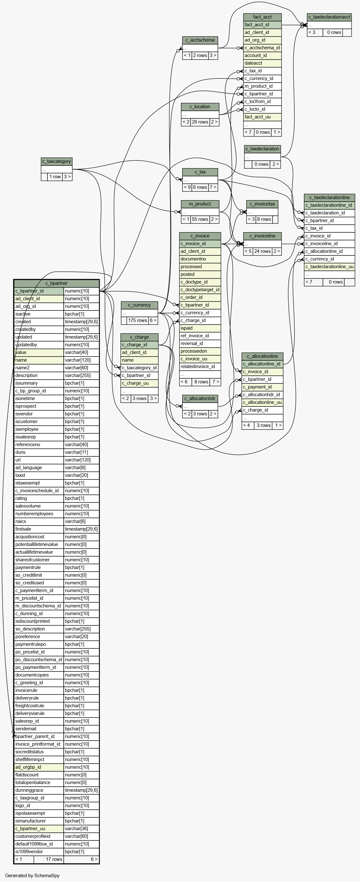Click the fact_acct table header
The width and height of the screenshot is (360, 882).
pos(262,17)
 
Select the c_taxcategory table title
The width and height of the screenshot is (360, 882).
pos(56,161)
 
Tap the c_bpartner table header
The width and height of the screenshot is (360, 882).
pos(56,283)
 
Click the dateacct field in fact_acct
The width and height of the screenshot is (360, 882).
pos(262,63)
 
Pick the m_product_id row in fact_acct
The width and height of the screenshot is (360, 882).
pos(262,86)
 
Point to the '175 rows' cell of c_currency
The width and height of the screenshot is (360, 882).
pos(137,320)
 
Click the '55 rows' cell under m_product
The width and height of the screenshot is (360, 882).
pos(200,219)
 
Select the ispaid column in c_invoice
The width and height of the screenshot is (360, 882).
pos(200,328)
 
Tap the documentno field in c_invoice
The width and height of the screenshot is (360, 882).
pos(200,259)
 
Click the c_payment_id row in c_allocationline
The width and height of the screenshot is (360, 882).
pos(262,387)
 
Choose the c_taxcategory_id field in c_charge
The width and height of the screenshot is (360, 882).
pos(139,368)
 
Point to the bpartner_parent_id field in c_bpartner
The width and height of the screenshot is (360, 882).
pos(39,736)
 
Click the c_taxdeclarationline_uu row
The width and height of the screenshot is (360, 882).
pos(330,267)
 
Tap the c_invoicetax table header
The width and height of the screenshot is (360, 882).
pos(262,204)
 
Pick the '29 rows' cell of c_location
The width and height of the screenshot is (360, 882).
pos(200,122)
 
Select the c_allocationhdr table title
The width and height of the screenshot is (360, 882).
pos(200,398)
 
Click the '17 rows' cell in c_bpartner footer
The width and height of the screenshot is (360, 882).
pos(49,859)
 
